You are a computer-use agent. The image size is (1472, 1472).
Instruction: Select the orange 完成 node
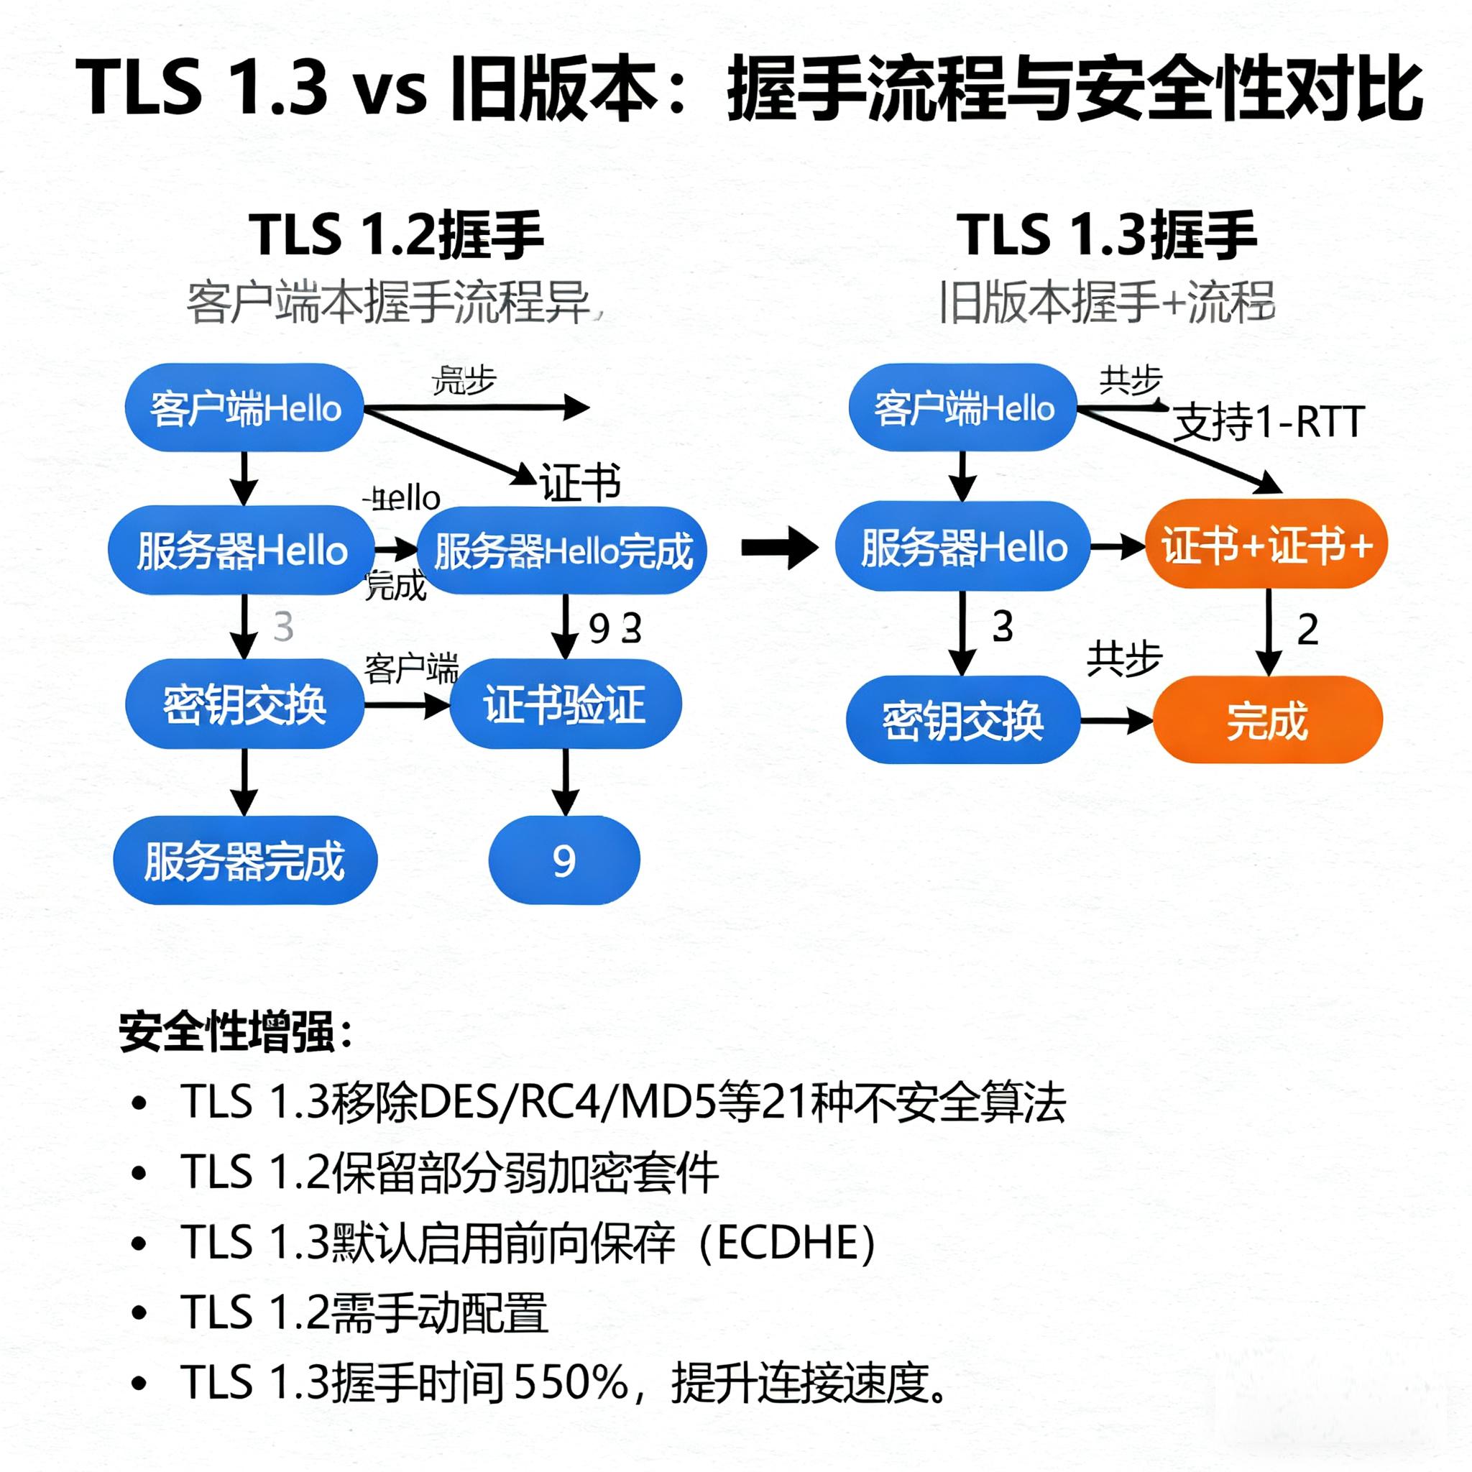(1267, 719)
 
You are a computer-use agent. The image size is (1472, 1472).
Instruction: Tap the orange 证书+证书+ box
(1266, 545)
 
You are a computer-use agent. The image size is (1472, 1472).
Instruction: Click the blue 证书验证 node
(564, 703)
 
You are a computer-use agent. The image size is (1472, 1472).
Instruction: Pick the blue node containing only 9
(563, 860)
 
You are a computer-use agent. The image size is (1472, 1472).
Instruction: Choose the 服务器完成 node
(244, 860)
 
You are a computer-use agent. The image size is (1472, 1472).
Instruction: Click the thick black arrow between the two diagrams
(778, 546)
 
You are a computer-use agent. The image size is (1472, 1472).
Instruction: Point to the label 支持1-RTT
(1268, 422)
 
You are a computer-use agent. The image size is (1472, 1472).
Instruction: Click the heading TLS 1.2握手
(396, 236)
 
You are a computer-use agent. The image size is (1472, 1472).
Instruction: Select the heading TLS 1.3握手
(1107, 236)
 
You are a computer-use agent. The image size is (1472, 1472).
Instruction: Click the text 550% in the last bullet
(571, 1382)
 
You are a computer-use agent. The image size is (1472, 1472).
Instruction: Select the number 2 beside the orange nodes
(1307, 630)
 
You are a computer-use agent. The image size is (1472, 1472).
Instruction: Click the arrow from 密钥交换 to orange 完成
(1116, 720)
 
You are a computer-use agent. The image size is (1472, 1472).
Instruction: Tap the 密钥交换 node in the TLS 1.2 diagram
(244, 703)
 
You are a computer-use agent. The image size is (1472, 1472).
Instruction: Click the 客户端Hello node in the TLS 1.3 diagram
(963, 408)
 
